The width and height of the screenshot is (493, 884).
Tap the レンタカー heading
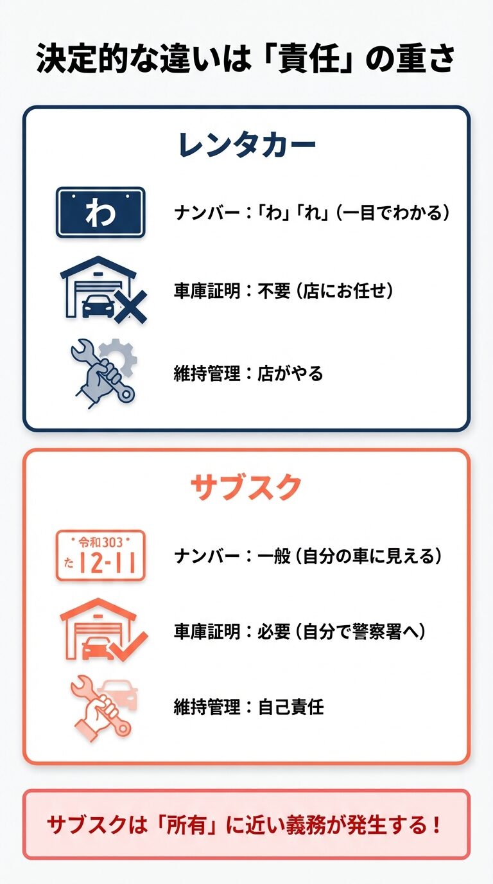coord(246,146)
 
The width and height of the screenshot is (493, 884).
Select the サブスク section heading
coord(246,488)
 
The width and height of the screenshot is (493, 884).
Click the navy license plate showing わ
coord(100,213)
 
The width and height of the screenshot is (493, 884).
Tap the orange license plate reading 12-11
coord(100,556)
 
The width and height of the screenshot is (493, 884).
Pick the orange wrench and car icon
coord(103,707)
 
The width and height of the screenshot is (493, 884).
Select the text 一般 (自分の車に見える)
coord(350,556)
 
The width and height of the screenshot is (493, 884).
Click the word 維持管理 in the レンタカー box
coord(206,373)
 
